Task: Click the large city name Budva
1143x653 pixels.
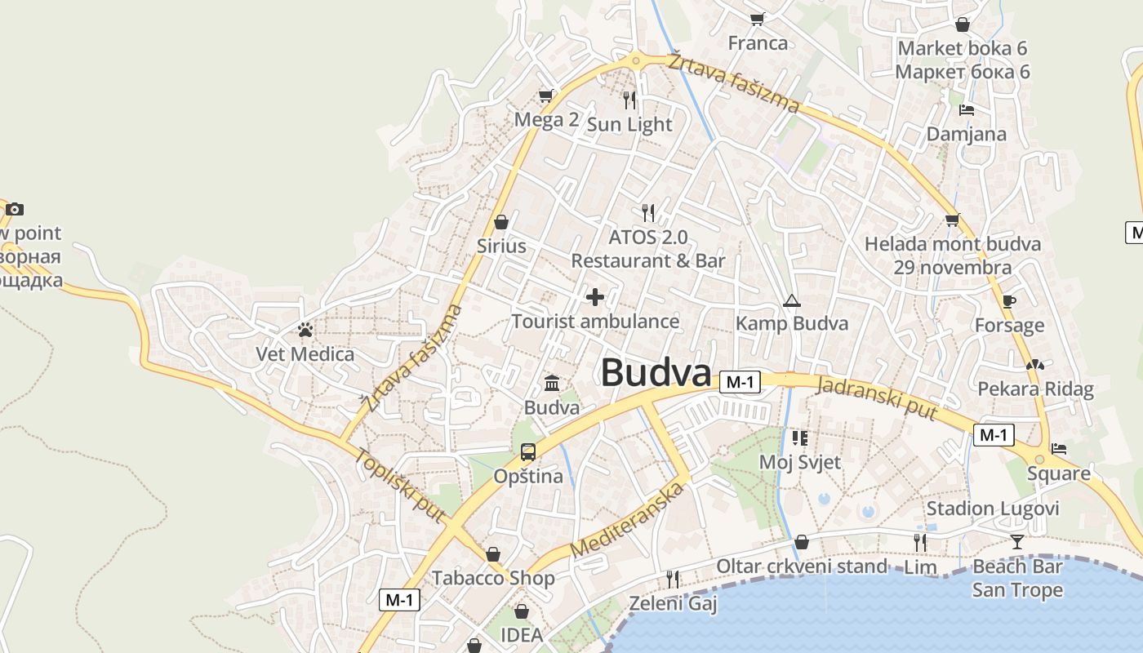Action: coord(656,374)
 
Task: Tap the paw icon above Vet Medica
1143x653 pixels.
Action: coord(305,330)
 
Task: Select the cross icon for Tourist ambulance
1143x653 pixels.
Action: coord(595,297)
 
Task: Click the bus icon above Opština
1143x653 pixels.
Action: coord(528,451)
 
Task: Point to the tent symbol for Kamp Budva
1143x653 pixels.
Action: coord(791,300)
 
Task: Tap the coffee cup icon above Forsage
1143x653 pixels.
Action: coord(1009,301)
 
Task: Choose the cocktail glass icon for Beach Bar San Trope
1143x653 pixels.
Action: coord(1016,541)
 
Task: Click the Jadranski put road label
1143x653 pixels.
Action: coord(877,398)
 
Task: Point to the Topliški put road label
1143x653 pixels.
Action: coord(400,486)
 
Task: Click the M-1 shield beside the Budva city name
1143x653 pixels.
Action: coord(741,382)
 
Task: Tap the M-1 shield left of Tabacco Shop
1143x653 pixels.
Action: coord(400,600)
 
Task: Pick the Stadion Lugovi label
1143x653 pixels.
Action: coord(992,509)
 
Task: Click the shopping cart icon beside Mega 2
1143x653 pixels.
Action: coord(545,96)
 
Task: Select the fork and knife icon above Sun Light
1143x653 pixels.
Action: coord(629,100)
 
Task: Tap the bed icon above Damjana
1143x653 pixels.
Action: coord(967,110)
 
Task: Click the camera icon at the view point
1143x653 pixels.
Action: coord(15,210)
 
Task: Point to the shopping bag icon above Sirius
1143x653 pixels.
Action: coord(501,222)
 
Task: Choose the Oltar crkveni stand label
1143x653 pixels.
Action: coord(801,566)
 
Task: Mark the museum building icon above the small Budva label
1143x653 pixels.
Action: coord(552,383)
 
